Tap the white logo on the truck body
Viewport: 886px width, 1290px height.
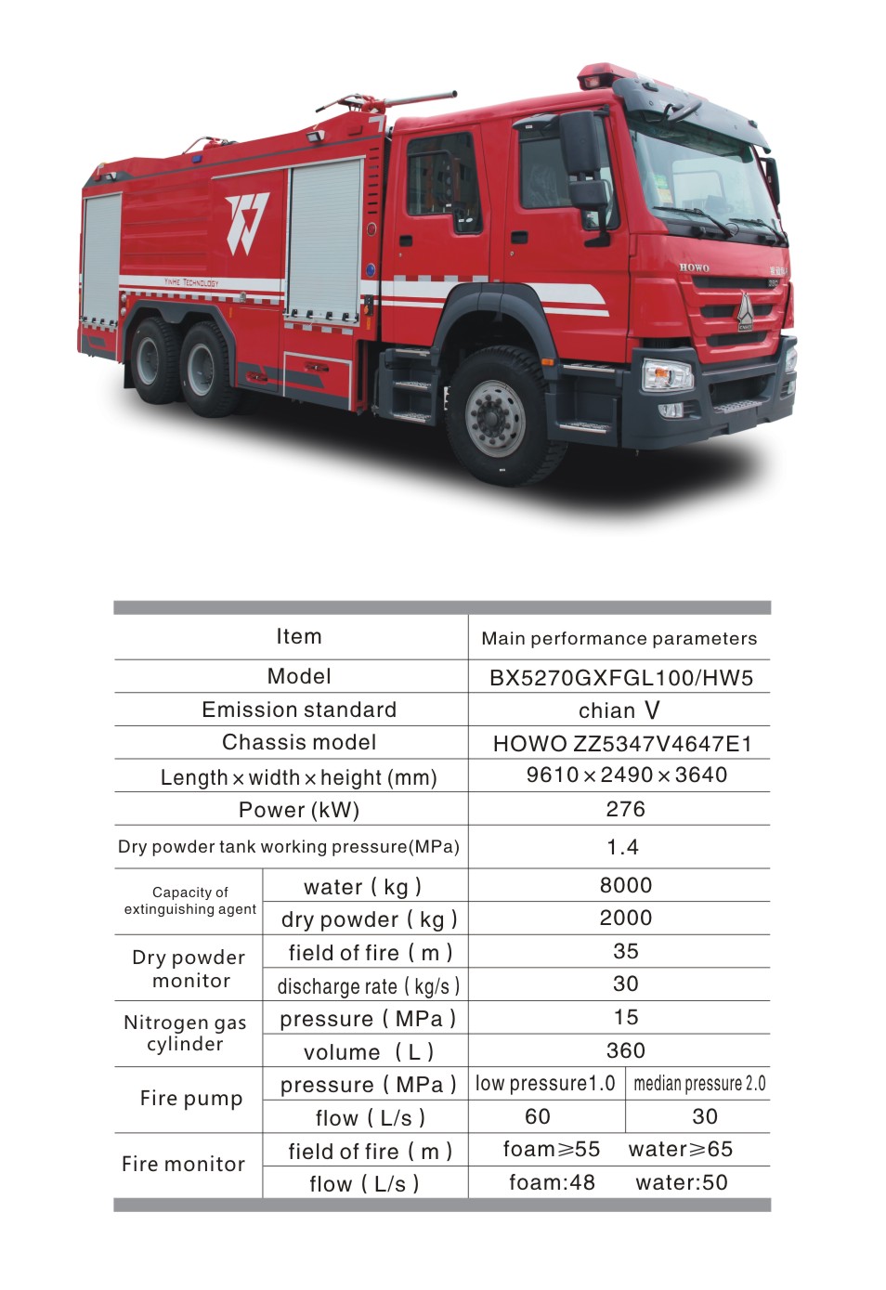[247, 222]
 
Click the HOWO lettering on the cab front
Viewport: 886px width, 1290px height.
[694, 267]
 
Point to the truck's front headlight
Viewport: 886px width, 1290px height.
[668, 377]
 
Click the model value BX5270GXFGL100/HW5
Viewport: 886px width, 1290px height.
[620, 677]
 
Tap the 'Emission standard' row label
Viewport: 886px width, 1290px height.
[299, 710]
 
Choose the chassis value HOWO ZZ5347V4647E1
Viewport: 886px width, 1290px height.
[621, 743]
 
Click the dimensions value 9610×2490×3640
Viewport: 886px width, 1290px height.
[626, 775]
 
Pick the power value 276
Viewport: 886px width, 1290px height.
[625, 809]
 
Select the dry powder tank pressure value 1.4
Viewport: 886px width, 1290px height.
[622, 847]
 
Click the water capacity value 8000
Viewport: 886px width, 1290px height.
[625, 885]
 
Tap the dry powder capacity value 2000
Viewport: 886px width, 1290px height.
[625, 918]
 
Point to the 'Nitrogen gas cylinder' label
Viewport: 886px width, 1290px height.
[186, 1033]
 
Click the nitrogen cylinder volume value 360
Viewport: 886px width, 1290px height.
[625, 1050]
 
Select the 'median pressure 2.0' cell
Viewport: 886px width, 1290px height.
[699, 1084]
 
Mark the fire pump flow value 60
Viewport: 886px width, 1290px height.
[538, 1116]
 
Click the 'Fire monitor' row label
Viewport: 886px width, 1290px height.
[184, 1164]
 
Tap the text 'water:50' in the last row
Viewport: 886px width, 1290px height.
[681, 1182]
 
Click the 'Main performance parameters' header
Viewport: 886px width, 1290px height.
[619, 638]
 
